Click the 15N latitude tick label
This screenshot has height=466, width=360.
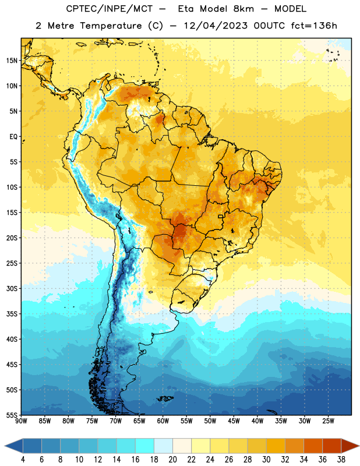tap(12, 61)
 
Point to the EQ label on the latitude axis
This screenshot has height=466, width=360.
tap(13, 137)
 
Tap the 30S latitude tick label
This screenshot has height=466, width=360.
tap(12, 288)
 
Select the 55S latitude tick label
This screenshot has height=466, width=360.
tap(12, 415)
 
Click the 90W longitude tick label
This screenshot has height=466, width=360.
tap(21, 421)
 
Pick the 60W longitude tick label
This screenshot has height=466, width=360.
tap(163, 421)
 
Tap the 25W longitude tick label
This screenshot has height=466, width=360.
tap(328, 421)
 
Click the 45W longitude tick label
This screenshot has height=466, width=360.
tap(234, 421)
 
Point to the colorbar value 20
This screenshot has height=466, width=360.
tap(172, 460)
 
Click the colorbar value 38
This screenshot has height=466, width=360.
tap(341, 460)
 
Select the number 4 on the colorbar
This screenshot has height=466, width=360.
tap(23, 460)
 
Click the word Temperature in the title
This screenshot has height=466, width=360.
tap(111, 26)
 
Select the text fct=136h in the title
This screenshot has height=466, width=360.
tap(314, 26)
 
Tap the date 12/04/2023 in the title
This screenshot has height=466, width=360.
tap(216, 26)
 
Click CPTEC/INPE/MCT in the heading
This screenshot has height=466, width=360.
tap(109, 9)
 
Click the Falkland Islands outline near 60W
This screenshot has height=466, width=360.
tap(165, 398)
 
